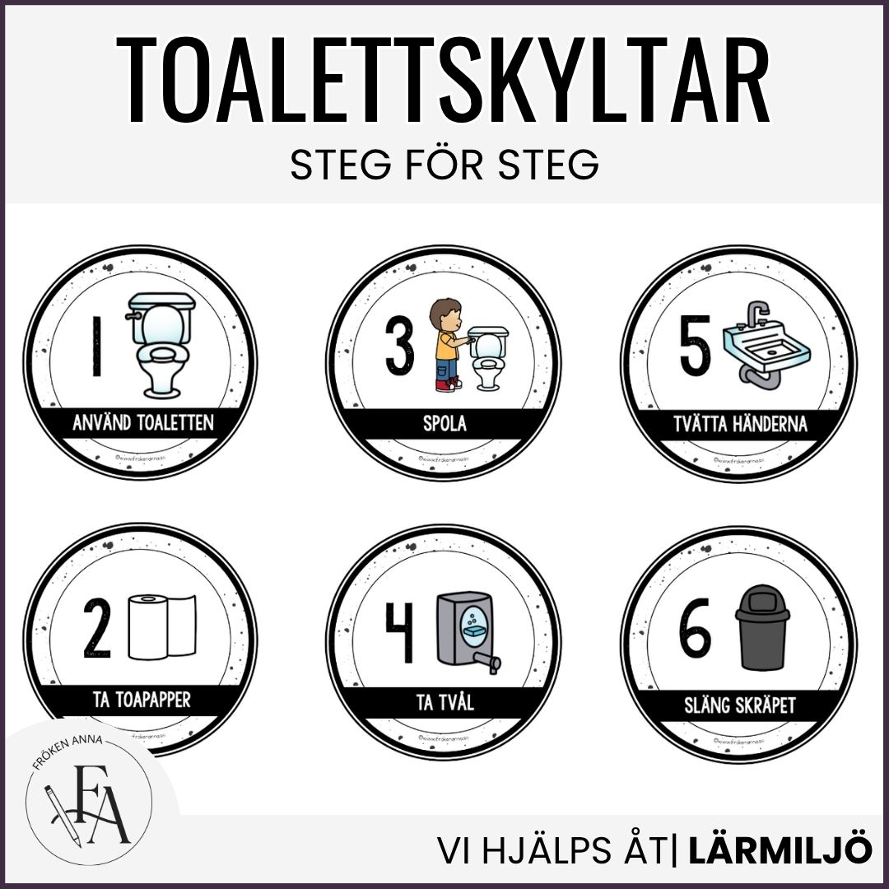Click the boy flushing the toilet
coord(446,344)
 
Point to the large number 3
coord(400,348)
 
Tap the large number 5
coord(696,348)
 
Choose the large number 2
coord(97,630)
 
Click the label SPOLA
coord(444,424)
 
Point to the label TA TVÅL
coord(444,702)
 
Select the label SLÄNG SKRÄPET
coord(739,705)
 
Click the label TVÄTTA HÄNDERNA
coord(738,425)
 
